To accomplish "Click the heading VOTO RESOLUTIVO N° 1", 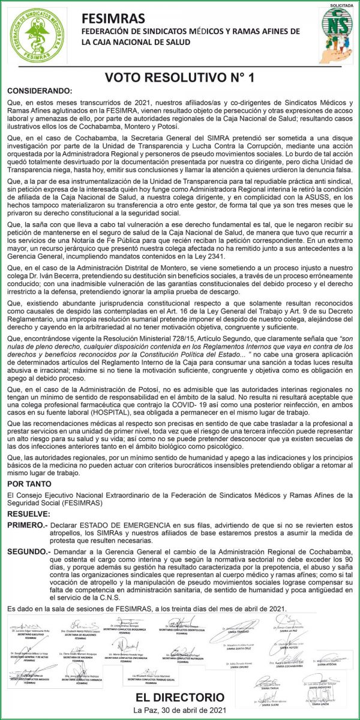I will coord(179,77).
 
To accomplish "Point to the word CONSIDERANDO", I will coord(39,91).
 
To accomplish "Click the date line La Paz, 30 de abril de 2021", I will coord(179,710).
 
